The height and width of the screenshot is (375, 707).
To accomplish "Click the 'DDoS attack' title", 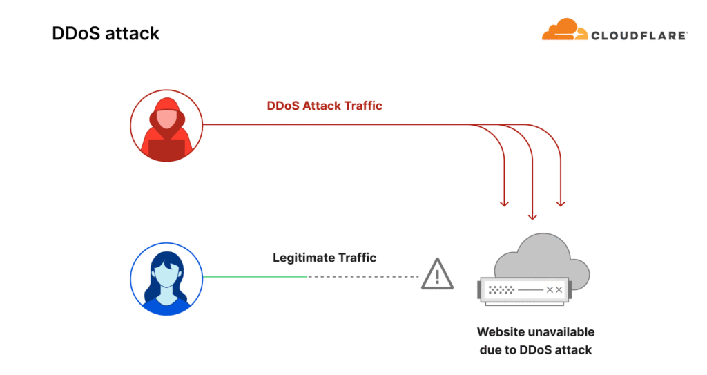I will click(x=106, y=33).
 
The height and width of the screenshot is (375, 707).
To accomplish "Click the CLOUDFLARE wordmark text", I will click(x=639, y=35).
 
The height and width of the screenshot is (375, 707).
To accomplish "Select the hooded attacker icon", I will click(x=166, y=124).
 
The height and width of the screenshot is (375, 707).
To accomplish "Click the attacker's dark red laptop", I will click(x=166, y=149).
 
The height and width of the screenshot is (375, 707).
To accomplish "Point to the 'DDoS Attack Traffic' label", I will click(x=325, y=106).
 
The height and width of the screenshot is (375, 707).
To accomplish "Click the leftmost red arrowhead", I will click(x=504, y=203).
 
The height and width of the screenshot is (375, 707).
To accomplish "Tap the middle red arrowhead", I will click(x=532, y=215).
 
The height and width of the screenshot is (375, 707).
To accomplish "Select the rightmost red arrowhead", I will click(x=561, y=203).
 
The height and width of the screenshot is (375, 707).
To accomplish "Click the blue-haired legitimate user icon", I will click(x=166, y=277).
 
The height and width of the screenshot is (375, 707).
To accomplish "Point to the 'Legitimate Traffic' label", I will click(x=325, y=258).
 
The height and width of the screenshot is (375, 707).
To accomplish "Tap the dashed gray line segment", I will click(x=362, y=277).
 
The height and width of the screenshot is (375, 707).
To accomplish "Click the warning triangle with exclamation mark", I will click(x=438, y=275).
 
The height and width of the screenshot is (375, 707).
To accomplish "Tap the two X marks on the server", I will click(x=554, y=290).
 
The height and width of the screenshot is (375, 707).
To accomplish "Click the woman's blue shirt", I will click(x=166, y=305).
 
